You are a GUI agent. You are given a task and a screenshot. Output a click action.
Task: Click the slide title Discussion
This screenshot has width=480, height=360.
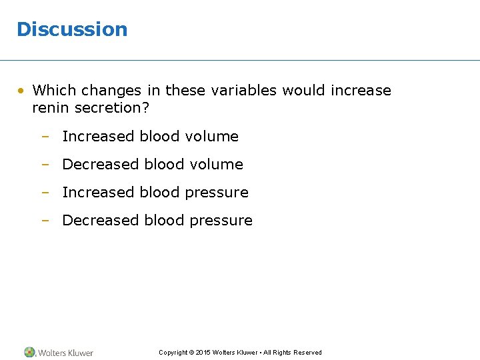point(71,29)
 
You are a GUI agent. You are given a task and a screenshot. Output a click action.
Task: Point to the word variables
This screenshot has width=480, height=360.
point(244,90)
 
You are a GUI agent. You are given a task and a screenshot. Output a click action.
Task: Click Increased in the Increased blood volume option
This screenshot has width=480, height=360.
point(98,137)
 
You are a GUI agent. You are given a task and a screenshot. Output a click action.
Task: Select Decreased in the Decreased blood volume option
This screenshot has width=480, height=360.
point(100,165)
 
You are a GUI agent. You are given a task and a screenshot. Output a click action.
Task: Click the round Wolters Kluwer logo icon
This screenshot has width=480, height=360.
point(29,352)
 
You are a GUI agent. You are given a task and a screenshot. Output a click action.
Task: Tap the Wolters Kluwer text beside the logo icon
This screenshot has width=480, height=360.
point(65,353)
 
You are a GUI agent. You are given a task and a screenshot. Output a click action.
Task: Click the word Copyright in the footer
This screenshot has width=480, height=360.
point(173,353)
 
